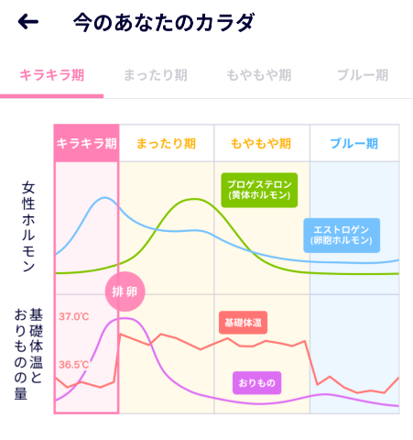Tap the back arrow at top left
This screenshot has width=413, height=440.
28,22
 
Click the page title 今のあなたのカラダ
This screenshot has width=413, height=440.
164,22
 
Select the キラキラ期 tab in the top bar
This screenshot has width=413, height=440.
51,75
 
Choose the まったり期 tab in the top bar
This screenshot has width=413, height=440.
155,75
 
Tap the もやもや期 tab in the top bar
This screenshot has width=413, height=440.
258,75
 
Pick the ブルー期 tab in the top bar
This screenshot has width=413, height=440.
362,75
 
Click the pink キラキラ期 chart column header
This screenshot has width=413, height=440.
86,143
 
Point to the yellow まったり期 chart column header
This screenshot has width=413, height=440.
166,143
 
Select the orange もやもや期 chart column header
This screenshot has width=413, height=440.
261,143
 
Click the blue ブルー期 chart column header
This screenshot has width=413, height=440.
354,143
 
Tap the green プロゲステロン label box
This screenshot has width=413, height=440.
260,189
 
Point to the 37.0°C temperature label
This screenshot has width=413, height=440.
74,317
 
